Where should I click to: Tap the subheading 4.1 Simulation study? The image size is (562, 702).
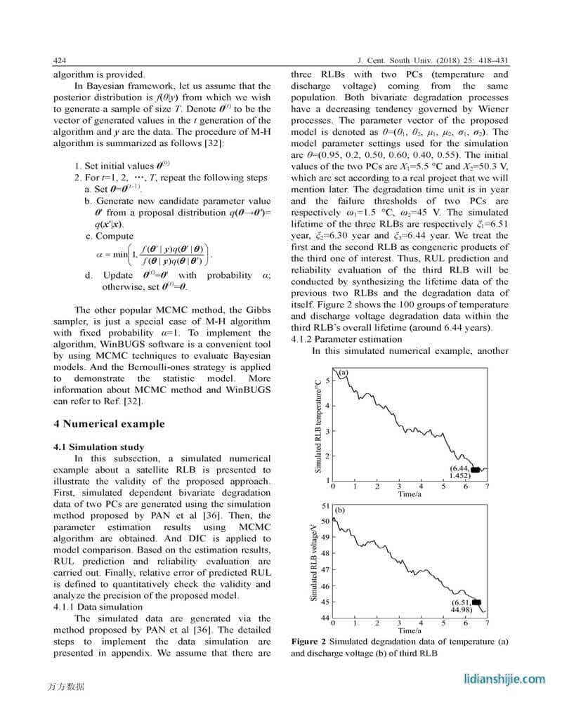pyautogui.click(x=99, y=447)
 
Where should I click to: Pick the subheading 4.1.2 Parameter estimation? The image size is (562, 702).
pyautogui.click(x=337, y=339)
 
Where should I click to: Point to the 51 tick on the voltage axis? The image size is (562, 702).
pyautogui.click(x=325, y=505)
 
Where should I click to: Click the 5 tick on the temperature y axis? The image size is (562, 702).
pyautogui.click(x=327, y=380)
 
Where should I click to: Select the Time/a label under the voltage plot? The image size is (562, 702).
pyautogui.click(x=410, y=631)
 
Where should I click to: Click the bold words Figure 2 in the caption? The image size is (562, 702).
pyautogui.click(x=308, y=642)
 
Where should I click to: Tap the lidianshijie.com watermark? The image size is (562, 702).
pyautogui.click(x=505, y=679)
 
